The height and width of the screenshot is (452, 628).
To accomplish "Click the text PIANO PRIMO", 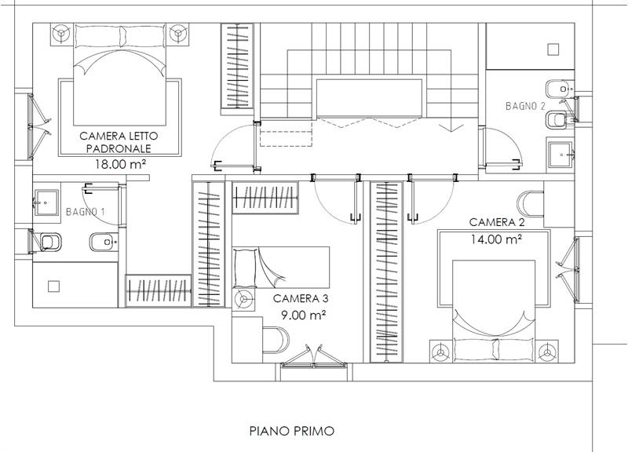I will (x=292, y=431).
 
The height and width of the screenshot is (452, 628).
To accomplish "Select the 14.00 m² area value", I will (x=497, y=240).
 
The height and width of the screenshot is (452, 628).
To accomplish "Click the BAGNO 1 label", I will (x=86, y=212).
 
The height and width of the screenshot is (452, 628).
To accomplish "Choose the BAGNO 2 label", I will (x=524, y=105).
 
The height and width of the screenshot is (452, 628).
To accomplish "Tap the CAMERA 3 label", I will (x=301, y=298).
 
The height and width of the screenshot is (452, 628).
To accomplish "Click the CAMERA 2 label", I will (x=497, y=222).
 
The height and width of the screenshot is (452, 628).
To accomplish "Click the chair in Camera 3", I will (x=275, y=340).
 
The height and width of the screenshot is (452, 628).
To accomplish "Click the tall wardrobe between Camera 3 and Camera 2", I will (x=385, y=271).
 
